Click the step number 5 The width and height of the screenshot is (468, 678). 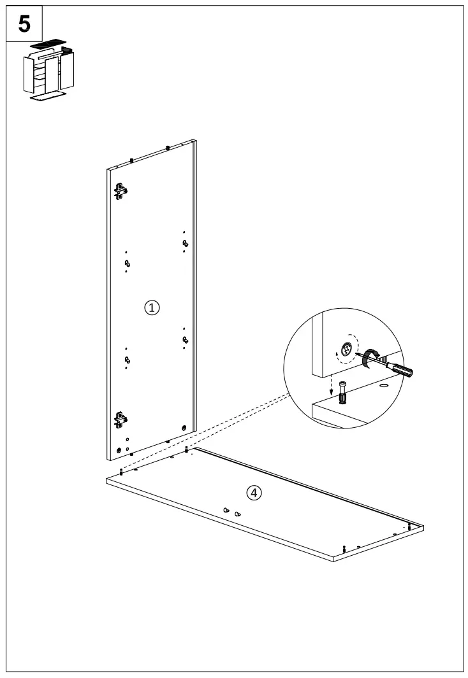(x=24, y=24)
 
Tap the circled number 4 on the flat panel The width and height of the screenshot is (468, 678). (x=254, y=492)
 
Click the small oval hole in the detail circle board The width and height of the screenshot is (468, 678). (x=383, y=385)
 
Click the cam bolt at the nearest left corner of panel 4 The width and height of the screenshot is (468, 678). (x=121, y=471)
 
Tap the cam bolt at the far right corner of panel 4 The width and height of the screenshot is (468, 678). (x=409, y=526)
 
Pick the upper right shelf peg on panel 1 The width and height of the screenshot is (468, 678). (x=185, y=243)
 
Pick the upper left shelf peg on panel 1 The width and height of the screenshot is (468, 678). (x=128, y=263)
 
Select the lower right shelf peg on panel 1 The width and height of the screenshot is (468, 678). (x=185, y=339)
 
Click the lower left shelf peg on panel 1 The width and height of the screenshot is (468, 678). (x=128, y=360)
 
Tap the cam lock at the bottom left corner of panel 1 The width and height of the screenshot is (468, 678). (x=118, y=449)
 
